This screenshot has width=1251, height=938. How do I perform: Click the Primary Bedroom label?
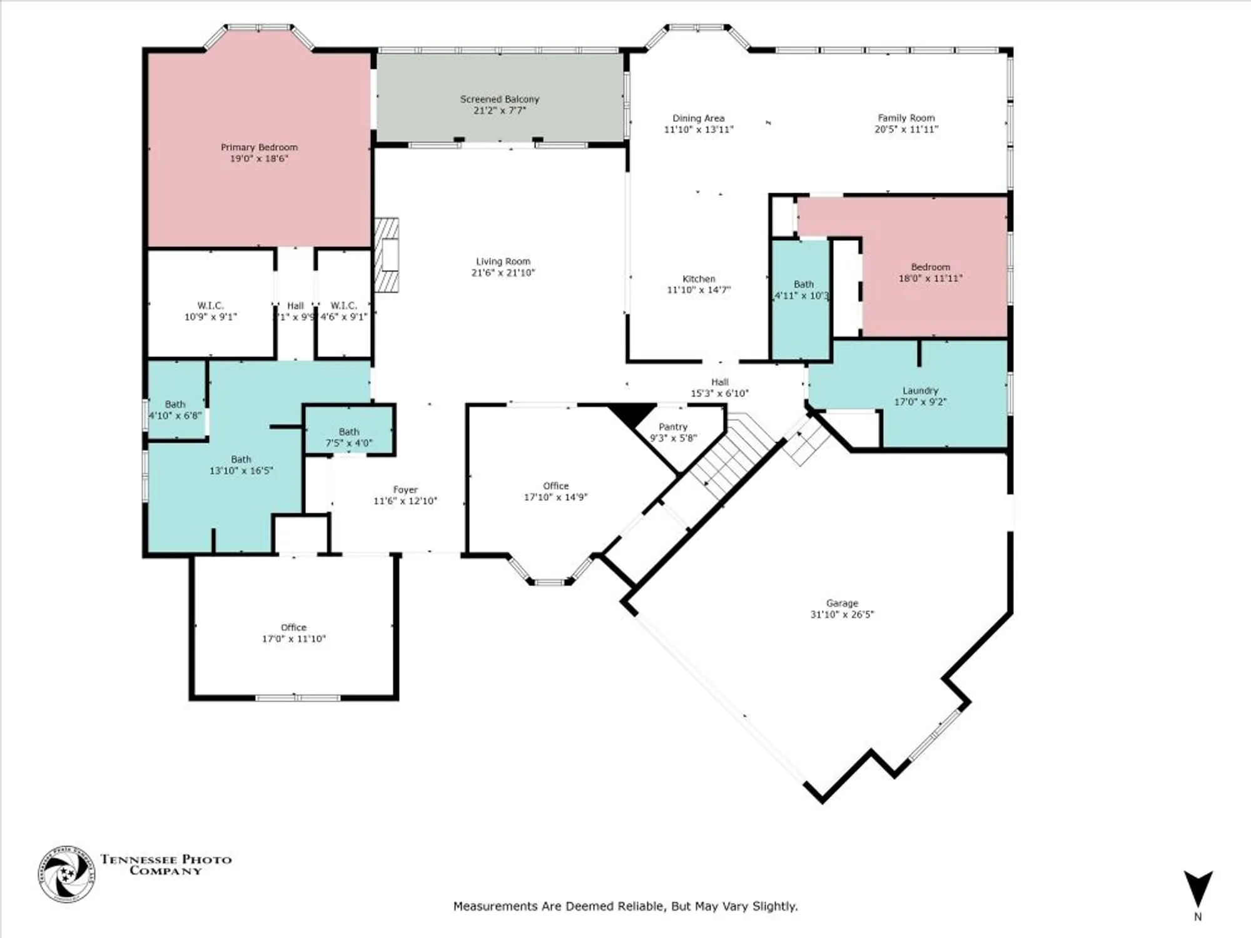tap(259, 148)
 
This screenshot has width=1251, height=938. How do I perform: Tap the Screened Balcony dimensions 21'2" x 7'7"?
tap(499, 111)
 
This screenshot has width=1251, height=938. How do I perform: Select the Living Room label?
tap(503, 261)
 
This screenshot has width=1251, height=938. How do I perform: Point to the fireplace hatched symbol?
tap(387, 255)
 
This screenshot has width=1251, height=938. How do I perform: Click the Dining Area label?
tap(698, 118)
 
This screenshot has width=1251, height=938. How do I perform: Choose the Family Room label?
tap(906, 118)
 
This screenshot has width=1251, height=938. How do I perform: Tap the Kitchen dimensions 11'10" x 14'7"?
tap(698, 290)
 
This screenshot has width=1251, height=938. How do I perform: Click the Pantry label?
tap(672, 426)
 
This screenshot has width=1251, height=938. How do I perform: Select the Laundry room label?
tap(919, 391)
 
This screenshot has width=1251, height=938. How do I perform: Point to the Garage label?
tap(842, 603)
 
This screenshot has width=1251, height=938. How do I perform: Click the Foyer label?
tap(405, 490)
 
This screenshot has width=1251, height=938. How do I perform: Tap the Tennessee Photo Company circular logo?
tap(66, 874)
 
